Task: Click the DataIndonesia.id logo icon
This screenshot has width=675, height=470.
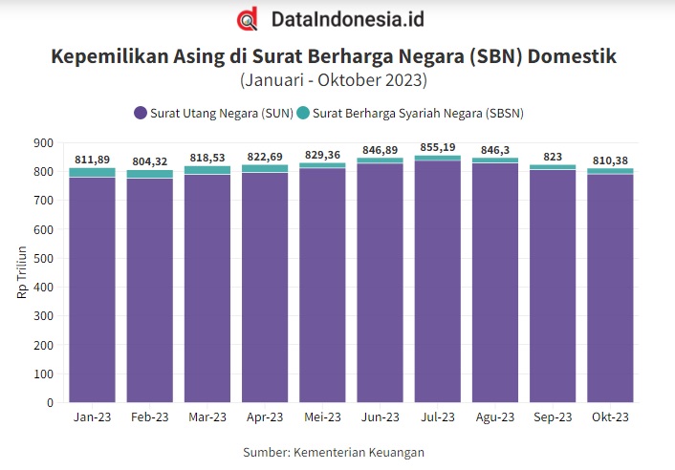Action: [x=249, y=19]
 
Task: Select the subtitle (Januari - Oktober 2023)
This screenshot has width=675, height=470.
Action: [x=333, y=79]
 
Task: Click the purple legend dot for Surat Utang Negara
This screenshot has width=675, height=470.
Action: [x=141, y=113]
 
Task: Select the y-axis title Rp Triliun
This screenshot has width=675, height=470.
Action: [x=22, y=273]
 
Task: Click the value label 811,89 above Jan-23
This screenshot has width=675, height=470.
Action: [x=92, y=159]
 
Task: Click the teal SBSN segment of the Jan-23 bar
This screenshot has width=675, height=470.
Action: [x=92, y=173]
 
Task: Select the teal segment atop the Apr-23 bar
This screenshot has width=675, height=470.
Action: [x=265, y=168]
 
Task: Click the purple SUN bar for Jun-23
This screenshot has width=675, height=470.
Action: [x=380, y=287]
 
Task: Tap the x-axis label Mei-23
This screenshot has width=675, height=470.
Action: [x=322, y=417]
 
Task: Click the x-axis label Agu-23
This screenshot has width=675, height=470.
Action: [x=495, y=417]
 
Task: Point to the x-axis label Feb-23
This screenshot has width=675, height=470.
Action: [x=149, y=417]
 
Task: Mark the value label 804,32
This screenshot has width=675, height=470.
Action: [x=149, y=161]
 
